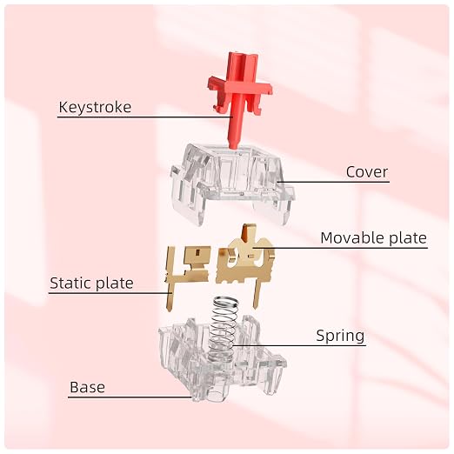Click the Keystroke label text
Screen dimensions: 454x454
coord(95,107)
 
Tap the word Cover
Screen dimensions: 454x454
coord(367,172)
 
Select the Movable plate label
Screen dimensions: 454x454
coord(373,238)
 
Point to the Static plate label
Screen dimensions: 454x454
coord(91,283)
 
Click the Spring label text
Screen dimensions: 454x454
coord(340,336)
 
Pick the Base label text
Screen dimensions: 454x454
coord(87,387)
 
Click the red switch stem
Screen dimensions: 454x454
coord(239,98)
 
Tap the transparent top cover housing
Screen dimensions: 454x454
coord(233,184)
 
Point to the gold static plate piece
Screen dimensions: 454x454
coord(187,272)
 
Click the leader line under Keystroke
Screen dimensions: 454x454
coord(145,117)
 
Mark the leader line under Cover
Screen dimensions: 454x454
coord(333,182)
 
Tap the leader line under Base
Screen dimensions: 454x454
coord(130,397)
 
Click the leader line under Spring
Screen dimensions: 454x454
coord(299,345)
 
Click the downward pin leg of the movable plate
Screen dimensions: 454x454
coord(257,293)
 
